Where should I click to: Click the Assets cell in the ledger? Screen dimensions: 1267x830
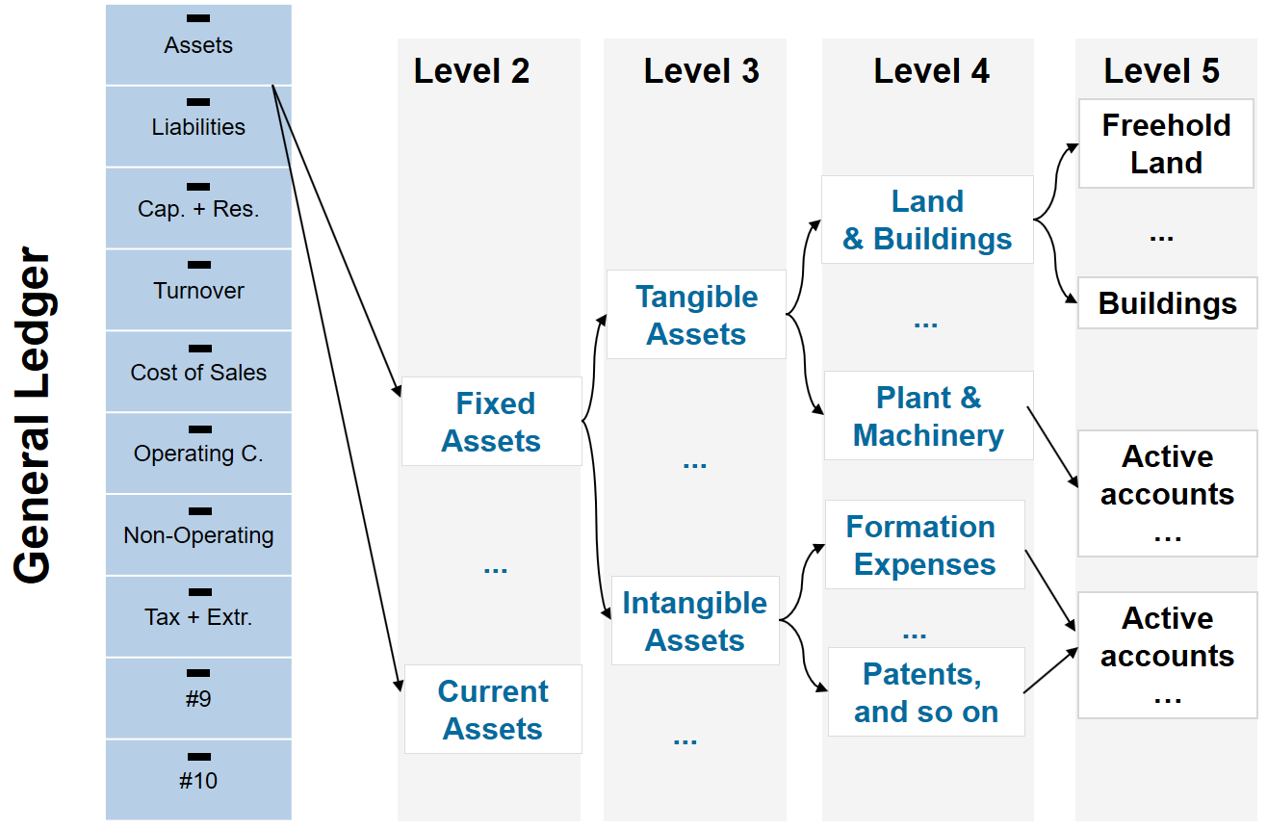pos(198,44)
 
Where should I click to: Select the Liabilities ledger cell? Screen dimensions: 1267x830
pos(198,127)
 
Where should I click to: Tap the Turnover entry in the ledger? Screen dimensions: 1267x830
pos(198,290)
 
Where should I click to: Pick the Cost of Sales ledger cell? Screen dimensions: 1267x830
pos(198,372)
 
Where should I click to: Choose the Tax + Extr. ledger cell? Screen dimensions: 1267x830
pos(198,616)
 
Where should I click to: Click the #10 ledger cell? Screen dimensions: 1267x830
pos(198,780)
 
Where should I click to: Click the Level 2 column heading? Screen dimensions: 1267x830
pos(472,71)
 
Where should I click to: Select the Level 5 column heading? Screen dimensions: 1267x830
pos(1162,71)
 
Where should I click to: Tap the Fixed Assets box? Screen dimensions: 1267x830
pos(492,422)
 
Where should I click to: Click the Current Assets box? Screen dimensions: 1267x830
pos(493,709)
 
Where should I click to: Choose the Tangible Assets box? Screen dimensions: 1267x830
pos(696,315)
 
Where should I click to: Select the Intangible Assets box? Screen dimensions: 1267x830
pos(695,621)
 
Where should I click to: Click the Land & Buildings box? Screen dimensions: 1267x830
pos(928,220)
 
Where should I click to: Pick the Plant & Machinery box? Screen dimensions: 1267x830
pos(929,416)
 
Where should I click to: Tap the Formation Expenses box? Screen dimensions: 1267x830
pos(925,544)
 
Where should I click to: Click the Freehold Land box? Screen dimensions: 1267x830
pos(1166,143)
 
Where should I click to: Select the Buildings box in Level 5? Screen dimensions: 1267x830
pos(1168,302)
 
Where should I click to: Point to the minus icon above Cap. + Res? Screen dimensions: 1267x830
pos(198,187)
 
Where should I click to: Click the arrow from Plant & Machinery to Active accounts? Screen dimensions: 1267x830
pos(1052,447)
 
